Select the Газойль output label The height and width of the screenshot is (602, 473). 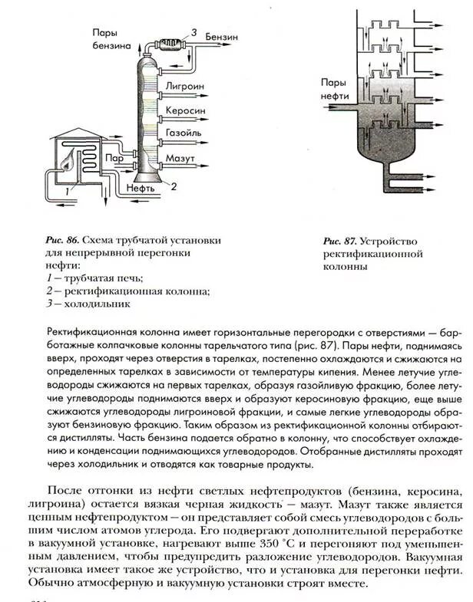coord(184,133)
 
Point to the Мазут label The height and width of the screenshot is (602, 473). coord(181,156)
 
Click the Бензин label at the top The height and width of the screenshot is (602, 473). coord(223,36)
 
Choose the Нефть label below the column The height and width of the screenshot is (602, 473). coord(143,186)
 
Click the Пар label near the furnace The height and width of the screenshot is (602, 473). coord(115,157)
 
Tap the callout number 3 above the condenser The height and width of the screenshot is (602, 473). coord(193,31)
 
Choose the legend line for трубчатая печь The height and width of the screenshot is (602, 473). coord(99,278)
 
